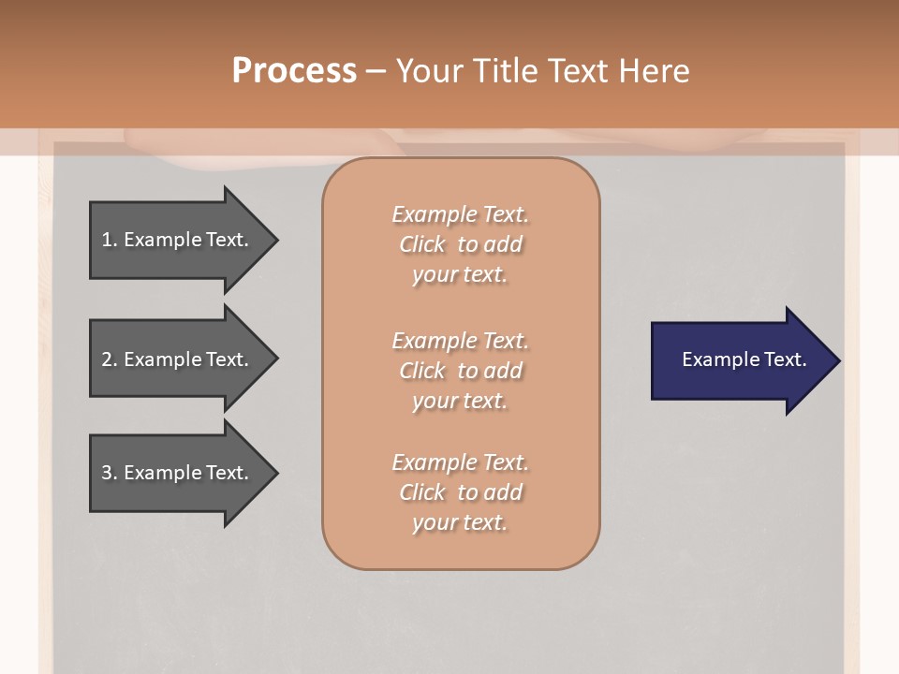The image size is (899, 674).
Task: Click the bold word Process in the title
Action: [294, 71]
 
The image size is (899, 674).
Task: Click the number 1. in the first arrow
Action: [110, 240]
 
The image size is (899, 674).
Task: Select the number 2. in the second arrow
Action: [110, 359]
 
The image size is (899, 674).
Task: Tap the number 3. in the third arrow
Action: [110, 473]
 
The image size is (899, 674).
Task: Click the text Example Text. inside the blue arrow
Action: [744, 359]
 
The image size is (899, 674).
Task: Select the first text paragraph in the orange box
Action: [460, 244]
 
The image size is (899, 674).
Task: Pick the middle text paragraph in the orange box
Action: [460, 371]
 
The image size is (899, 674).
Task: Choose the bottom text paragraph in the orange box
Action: [460, 492]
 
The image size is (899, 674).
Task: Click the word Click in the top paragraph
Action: [421, 244]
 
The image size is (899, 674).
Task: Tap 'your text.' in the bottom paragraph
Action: [460, 522]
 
